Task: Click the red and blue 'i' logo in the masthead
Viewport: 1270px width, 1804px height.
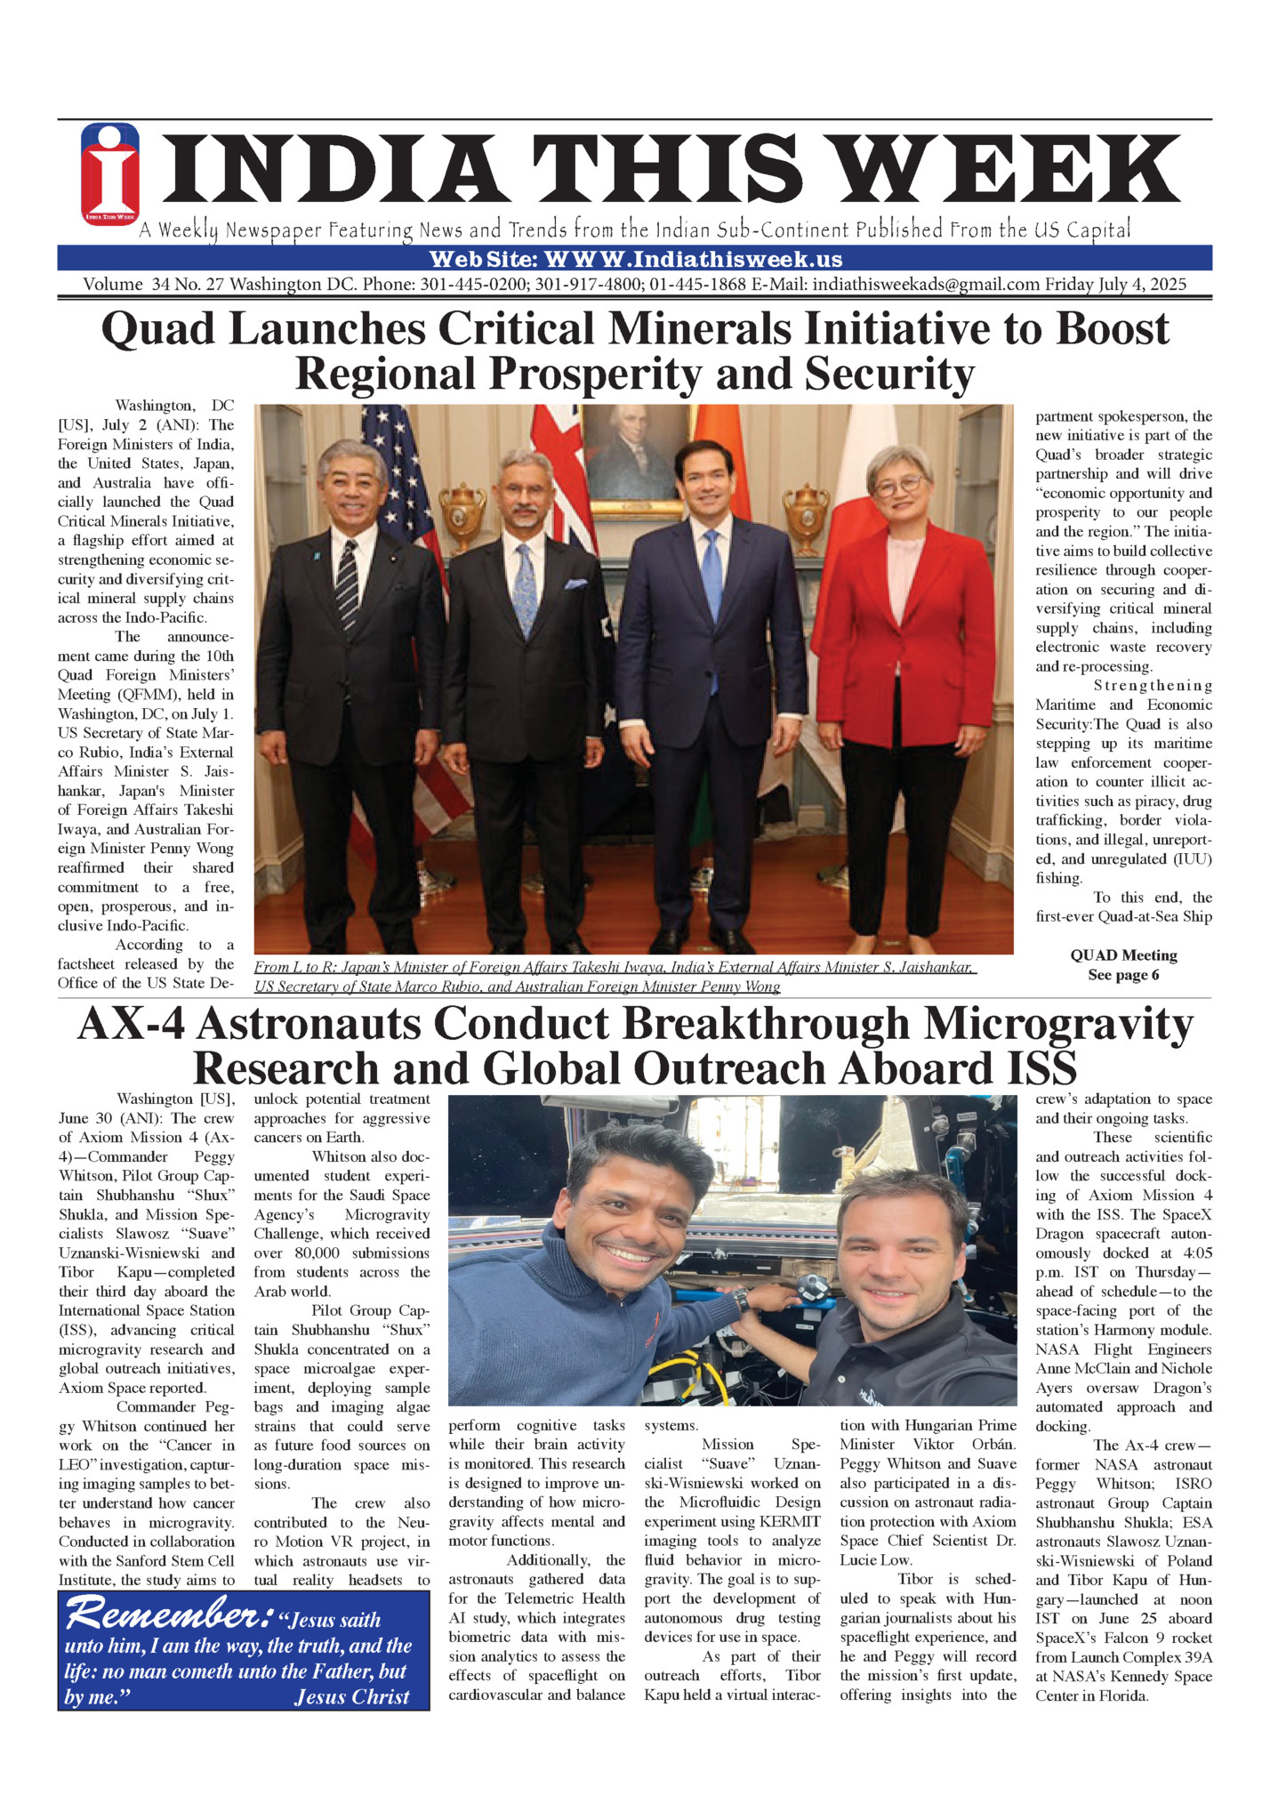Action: click(x=110, y=174)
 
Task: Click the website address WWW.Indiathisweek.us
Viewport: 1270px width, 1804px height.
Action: click(x=694, y=260)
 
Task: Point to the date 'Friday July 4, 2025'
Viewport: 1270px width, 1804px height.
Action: click(x=1115, y=285)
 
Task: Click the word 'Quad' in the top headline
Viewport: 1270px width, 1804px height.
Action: click(x=157, y=329)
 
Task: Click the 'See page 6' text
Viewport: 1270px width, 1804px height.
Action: click(x=1123, y=975)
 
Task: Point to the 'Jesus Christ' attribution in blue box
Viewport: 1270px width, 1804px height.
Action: click(x=351, y=1696)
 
